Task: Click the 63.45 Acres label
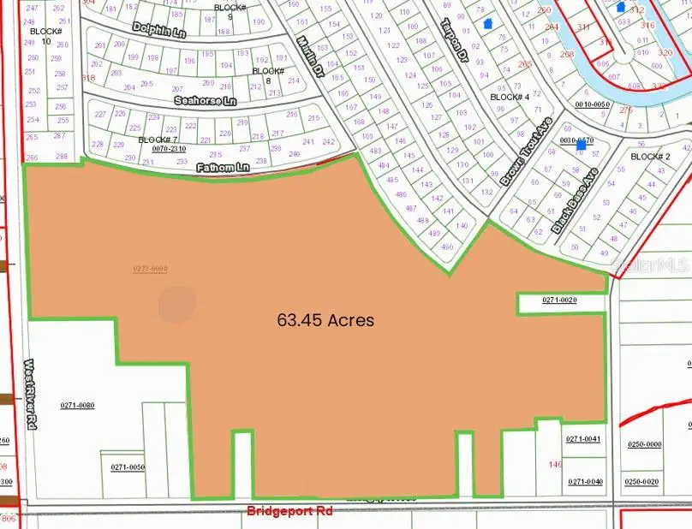point(325,321)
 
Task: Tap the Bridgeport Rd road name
point(289,511)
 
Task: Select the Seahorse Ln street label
point(203,100)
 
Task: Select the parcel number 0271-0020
point(561,300)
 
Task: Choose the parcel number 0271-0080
point(77,405)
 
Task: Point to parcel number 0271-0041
point(584,439)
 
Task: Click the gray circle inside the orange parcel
point(176,302)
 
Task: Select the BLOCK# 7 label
point(158,140)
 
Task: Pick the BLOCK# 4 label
point(510,98)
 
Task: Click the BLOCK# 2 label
point(650,157)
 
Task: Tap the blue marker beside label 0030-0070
point(582,146)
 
